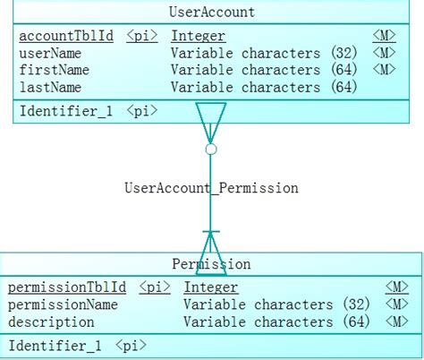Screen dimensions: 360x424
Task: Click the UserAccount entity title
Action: point(211,12)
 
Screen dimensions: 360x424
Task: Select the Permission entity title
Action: point(211,264)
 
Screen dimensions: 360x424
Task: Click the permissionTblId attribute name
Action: point(66,287)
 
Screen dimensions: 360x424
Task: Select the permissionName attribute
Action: point(63,304)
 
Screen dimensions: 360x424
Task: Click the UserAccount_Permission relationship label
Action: point(211,189)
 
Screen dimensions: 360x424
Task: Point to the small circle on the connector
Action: point(211,150)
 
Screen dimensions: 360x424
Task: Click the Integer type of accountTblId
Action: point(198,37)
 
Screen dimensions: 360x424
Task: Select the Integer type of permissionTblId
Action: point(211,287)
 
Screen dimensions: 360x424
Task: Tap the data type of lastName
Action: point(264,87)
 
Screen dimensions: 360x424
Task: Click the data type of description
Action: point(276,321)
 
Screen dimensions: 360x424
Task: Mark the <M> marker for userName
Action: point(384,54)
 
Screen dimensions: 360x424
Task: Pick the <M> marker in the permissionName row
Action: point(396,304)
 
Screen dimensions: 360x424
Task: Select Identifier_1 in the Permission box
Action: point(55,346)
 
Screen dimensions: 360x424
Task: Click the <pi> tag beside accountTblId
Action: point(142,37)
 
